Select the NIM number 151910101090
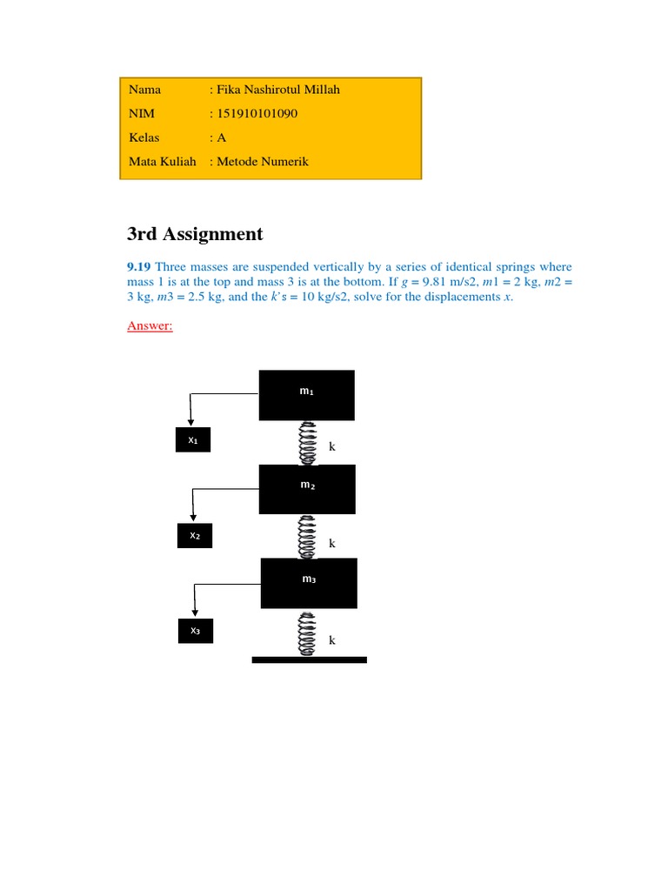click(x=254, y=113)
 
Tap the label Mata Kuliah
click(x=163, y=161)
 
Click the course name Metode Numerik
click(x=262, y=161)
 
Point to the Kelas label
click(x=144, y=137)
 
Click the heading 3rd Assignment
click(x=195, y=233)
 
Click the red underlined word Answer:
click(x=150, y=325)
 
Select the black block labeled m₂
click(x=307, y=488)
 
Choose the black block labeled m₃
click(x=309, y=582)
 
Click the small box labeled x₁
click(x=193, y=441)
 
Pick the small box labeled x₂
click(x=195, y=536)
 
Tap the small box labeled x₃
click(x=195, y=631)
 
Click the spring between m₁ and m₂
click(x=306, y=443)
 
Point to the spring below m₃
click(x=306, y=633)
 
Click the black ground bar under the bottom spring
click(x=309, y=660)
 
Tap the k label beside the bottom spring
click(x=331, y=640)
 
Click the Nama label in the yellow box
click(x=144, y=90)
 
